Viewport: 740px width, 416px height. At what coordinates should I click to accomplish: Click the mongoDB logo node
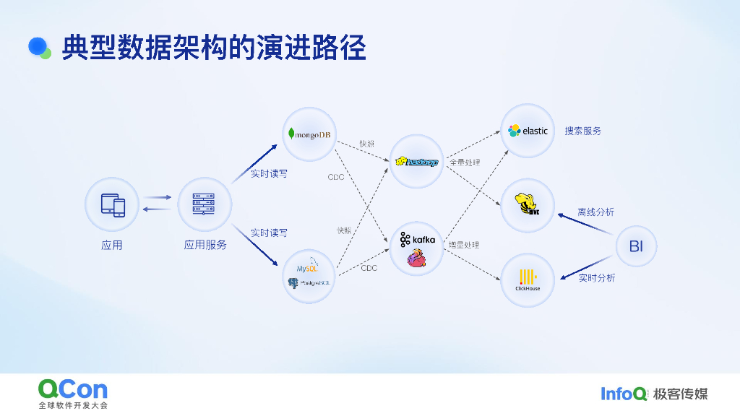309,134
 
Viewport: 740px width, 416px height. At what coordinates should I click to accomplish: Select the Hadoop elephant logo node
417,162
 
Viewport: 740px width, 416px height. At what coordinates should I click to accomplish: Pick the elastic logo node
528,131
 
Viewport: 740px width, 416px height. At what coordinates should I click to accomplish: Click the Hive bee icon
528,205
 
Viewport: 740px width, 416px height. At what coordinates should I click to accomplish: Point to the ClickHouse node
528,279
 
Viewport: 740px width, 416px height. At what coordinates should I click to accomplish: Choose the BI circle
636,246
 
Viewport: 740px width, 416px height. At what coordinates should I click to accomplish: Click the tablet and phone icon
112,204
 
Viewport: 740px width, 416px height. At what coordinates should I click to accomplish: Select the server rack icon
205,204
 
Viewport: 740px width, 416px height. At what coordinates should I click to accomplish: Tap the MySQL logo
307,269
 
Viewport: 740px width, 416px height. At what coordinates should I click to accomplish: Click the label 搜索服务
582,131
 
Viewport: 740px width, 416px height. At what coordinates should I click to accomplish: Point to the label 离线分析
595,212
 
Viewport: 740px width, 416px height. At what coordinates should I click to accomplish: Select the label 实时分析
596,278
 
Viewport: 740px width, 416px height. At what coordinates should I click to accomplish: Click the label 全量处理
465,162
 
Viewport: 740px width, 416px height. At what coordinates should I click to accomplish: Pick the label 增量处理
464,246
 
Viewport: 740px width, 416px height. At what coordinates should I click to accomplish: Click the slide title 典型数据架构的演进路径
214,48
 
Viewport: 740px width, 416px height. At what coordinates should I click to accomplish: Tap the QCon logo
73,390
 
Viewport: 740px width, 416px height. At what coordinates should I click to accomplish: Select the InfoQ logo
624,394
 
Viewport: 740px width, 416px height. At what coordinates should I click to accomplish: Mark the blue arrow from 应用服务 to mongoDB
254,163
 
